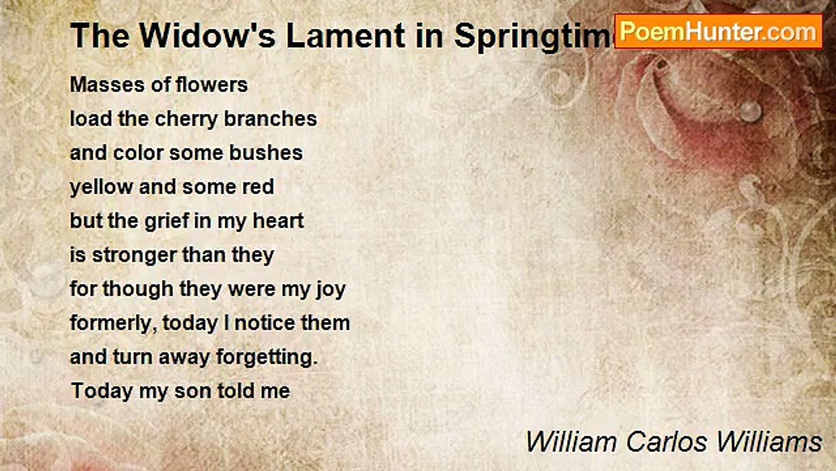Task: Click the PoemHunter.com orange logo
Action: coord(718,32)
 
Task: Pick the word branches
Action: coord(270,119)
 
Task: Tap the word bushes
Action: coord(266,153)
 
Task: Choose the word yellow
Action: coord(101,188)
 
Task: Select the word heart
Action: coord(278,221)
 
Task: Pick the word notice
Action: coord(265,323)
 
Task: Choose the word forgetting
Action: coord(267,358)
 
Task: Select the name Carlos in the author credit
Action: coord(667,442)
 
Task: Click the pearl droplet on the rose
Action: coord(750,111)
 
